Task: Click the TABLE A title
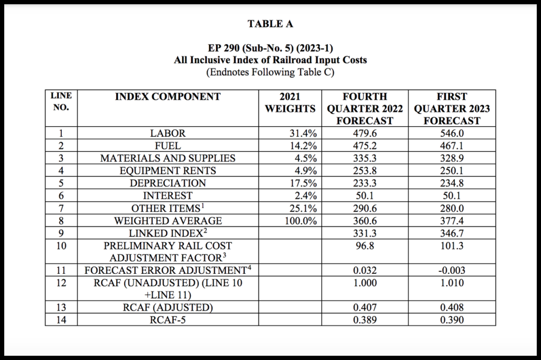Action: (270, 24)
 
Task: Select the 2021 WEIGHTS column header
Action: (290, 102)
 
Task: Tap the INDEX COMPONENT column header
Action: (167, 97)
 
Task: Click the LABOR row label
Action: (167, 134)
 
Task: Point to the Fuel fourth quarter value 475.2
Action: (365, 146)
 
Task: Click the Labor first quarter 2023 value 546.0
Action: (451, 134)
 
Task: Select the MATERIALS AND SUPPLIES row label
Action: (167, 158)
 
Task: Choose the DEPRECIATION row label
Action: (167, 183)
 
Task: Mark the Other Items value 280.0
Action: (451, 208)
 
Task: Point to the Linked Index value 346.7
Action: (451, 233)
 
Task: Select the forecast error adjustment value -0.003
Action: (451, 270)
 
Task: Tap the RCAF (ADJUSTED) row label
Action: (167, 308)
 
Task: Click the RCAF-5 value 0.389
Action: (365, 320)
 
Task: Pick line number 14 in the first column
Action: (60, 320)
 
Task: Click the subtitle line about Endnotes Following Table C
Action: (270, 72)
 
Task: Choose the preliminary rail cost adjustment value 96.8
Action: (365, 245)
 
